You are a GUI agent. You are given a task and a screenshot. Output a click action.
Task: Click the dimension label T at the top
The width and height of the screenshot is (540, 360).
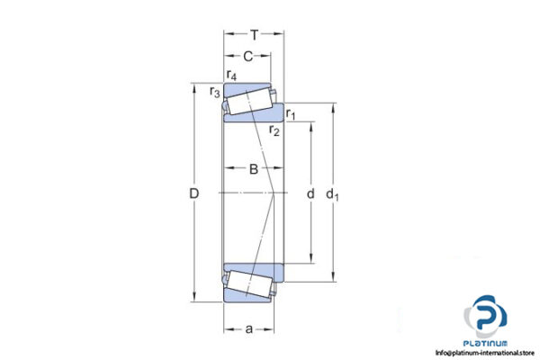[255, 36]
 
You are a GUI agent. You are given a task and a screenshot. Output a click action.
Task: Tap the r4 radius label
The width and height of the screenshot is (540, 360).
[232, 75]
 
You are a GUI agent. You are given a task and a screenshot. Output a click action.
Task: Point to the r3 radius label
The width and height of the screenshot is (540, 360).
[214, 92]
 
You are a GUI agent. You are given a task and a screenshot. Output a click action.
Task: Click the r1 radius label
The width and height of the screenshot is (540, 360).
[292, 113]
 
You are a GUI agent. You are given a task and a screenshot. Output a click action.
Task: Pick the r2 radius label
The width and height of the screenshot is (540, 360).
[274, 131]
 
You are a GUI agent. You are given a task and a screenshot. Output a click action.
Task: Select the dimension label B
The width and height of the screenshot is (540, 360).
[254, 169]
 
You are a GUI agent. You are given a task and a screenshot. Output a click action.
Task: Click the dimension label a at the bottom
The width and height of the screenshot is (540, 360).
[248, 328]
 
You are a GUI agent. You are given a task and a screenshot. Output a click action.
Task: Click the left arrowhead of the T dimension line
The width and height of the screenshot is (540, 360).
[227, 36]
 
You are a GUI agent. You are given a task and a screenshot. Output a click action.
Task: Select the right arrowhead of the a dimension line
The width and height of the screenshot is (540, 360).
[269, 328]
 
